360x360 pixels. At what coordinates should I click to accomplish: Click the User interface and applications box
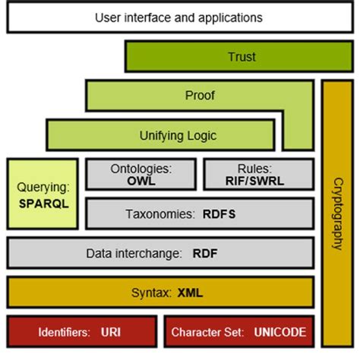tap(179, 17)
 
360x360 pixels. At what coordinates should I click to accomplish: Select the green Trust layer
tap(241, 56)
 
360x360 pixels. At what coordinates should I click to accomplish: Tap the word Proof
tap(200, 96)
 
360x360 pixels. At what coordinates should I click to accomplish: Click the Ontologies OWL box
tap(141, 174)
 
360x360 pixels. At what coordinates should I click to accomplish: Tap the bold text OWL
tap(141, 181)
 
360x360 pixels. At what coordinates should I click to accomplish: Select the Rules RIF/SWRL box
tap(257, 174)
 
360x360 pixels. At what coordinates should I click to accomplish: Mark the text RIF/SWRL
tap(257, 181)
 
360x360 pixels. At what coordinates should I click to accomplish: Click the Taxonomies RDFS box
tap(199, 213)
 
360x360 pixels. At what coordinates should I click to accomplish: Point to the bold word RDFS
tap(219, 214)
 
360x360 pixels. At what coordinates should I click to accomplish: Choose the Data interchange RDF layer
tap(159, 253)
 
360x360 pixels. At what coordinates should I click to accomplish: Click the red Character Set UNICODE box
tap(238, 332)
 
